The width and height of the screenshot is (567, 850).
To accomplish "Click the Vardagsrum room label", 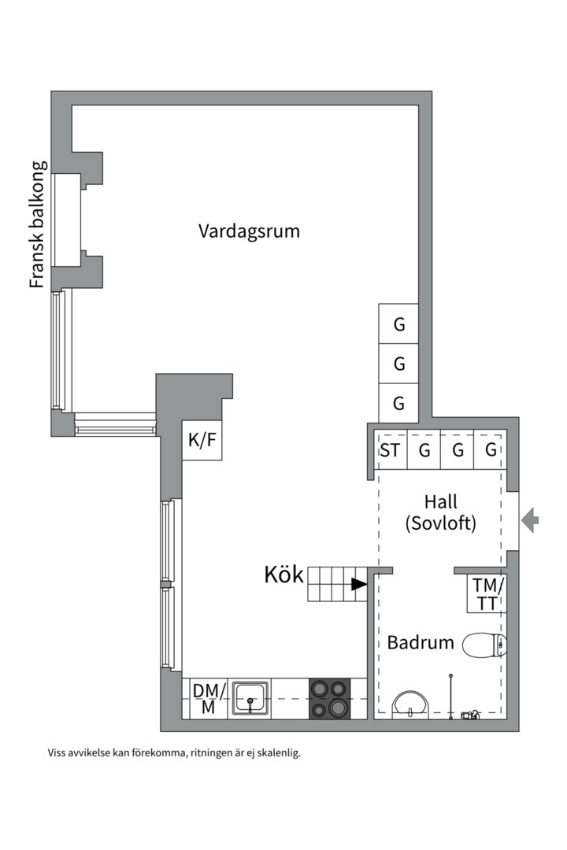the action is tap(249, 231).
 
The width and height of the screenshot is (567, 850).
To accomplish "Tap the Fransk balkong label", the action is tap(38, 224).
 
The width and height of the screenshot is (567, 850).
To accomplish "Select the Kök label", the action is tap(283, 575).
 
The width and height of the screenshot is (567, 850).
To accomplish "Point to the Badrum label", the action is tap(421, 642).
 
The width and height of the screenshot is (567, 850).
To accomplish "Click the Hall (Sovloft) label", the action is tap(441, 512).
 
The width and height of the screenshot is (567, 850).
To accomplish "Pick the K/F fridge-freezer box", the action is tap(202, 440).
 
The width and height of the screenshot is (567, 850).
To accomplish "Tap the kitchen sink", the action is tap(250, 699).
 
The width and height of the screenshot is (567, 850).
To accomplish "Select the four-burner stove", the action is tap(330, 699).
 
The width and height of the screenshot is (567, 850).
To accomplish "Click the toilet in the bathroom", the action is tap(484, 645).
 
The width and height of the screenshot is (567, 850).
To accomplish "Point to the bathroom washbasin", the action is tap(411, 704).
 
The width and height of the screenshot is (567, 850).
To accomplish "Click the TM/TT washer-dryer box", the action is tap(487, 593).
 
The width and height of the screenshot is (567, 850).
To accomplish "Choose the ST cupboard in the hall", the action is tap(391, 450).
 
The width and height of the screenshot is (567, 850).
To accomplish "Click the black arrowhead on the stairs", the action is tap(358, 584).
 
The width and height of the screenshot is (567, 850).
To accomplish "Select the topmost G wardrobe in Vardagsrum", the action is tap(398, 323).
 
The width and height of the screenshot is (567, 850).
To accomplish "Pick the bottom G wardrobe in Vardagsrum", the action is tap(398, 403).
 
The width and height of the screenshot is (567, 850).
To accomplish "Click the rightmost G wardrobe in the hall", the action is tap(491, 450).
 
